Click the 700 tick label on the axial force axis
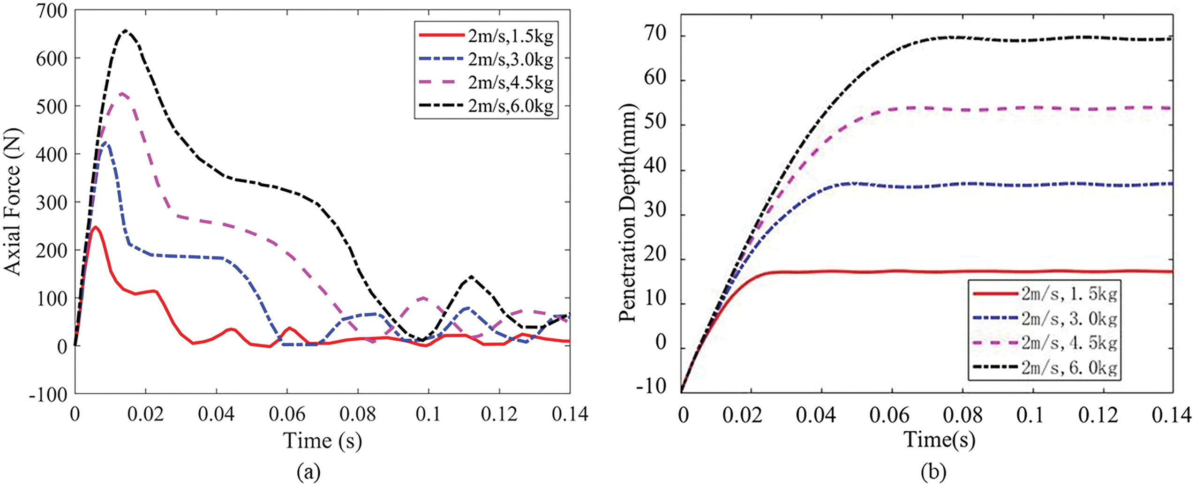pos(51,10)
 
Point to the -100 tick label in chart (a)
pos(48,395)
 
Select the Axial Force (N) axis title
pos(13,202)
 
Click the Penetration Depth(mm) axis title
pos(627,213)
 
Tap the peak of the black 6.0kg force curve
pos(125,30)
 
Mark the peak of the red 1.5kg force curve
pos(96,227)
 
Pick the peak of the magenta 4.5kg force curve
pos(122,93)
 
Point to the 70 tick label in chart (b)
pos(655,35)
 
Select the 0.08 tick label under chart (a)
pos(358,414)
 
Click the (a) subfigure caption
pos(309,472)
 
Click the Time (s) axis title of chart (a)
pos(322,441)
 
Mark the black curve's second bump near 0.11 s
pos(471,277)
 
